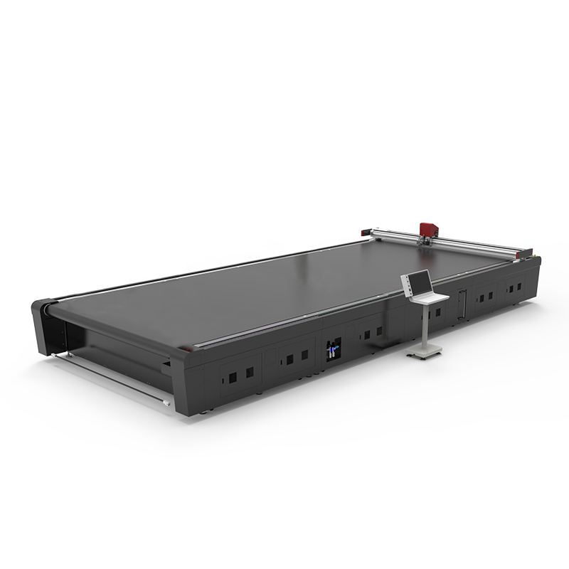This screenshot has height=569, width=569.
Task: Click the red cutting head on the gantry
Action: tap(427, 229)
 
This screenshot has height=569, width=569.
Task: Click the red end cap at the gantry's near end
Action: tap(527, 251)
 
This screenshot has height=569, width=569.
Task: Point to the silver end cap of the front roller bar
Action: tap(167, 404)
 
